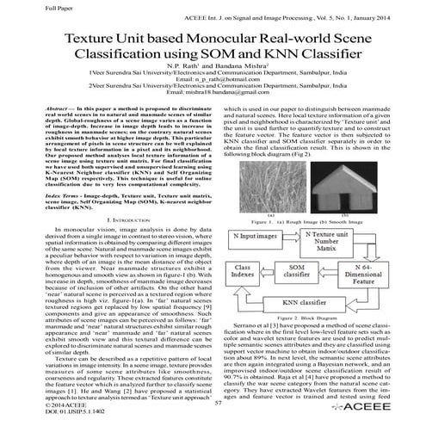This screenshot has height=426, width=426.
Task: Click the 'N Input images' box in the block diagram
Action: click(x=258, y=236)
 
